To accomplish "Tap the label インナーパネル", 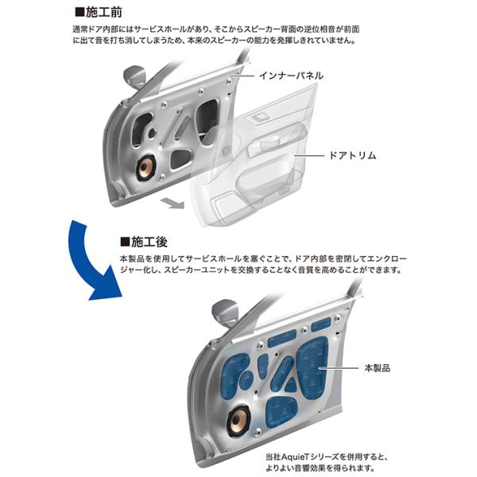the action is coord(291,76).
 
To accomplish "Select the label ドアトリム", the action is coord(352,156).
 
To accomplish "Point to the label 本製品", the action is coord(377,368).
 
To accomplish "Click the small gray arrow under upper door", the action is coord(173,203).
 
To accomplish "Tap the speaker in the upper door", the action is coord(147,168).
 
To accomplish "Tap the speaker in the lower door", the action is coord(238,420).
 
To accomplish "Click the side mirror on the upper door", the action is coord(134,76).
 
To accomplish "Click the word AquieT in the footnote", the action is coord(296,457).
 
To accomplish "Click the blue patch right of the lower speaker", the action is coord(281,412).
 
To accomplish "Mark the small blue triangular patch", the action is coord(291,386).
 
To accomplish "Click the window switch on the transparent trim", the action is coord(261,117).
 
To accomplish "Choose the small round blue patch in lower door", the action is coord(246,380).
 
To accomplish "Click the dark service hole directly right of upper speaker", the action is coord(181,158).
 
